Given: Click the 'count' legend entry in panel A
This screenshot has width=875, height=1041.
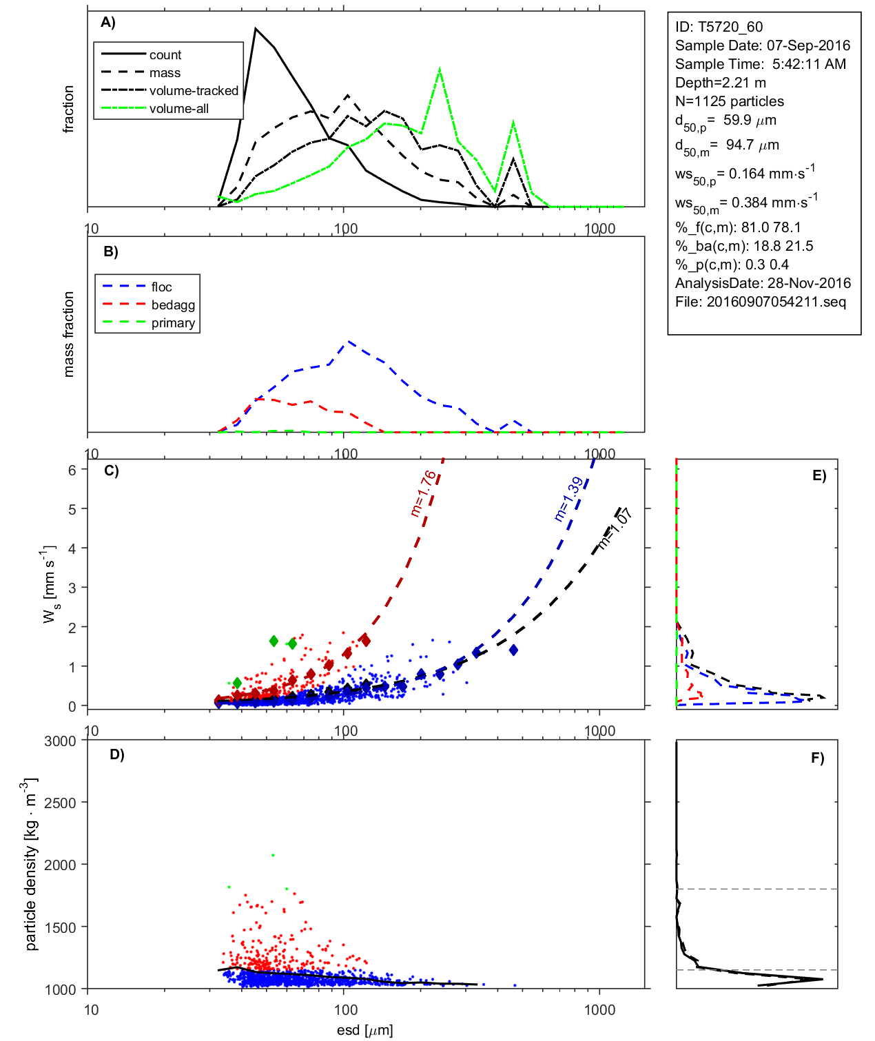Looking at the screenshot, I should pyautogui.click(x=165, y=55).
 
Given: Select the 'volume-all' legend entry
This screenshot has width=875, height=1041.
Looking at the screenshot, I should pyautogui.click(x=178, y=109).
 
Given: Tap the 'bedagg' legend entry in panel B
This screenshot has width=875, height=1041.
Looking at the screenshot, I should pyautogui.click(x=173, y=305).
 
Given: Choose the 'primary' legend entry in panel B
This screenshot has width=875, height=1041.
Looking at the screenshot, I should pyautogui.click(x=173, y=323).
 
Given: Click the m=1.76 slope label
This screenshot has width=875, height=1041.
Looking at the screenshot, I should pyautogui.click(x=423, y=493).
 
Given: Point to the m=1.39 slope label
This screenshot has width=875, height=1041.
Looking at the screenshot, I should pyautogui.click(x=568, y=499).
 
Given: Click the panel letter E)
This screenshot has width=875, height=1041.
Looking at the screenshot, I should pyautogui.click(x=819, y=475).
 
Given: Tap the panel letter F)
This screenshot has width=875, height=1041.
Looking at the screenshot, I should pyautogui.click(x=817, y=758).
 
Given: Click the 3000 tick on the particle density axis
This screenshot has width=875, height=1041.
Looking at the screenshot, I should pyautogui.click(x=60, y=741).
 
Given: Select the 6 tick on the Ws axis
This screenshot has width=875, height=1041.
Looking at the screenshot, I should pyautogui.click(x=72, y=470).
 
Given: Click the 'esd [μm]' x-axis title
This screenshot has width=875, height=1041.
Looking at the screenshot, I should pyautogui.click(x=364, y=1030).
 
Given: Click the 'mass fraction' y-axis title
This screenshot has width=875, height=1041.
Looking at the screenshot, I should pyautogui.click(x=68, y=334).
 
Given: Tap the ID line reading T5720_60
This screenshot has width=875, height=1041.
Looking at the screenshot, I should pyautogui.click(x=719, y=27).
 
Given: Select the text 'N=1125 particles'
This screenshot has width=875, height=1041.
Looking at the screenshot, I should pyautogui.click(x=729, y=101).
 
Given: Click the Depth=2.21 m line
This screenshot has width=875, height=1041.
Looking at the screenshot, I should pyautogui.click(x=720, y=83).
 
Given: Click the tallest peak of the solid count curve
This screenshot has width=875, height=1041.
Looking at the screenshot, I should pyautogui.click(x=256, y=29).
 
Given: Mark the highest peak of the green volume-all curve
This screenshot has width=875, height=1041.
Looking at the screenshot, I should pyautogui.click(x=440, y=69).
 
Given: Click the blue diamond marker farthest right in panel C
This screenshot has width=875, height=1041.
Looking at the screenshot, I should pyautogui.click(x=513, y=650).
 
